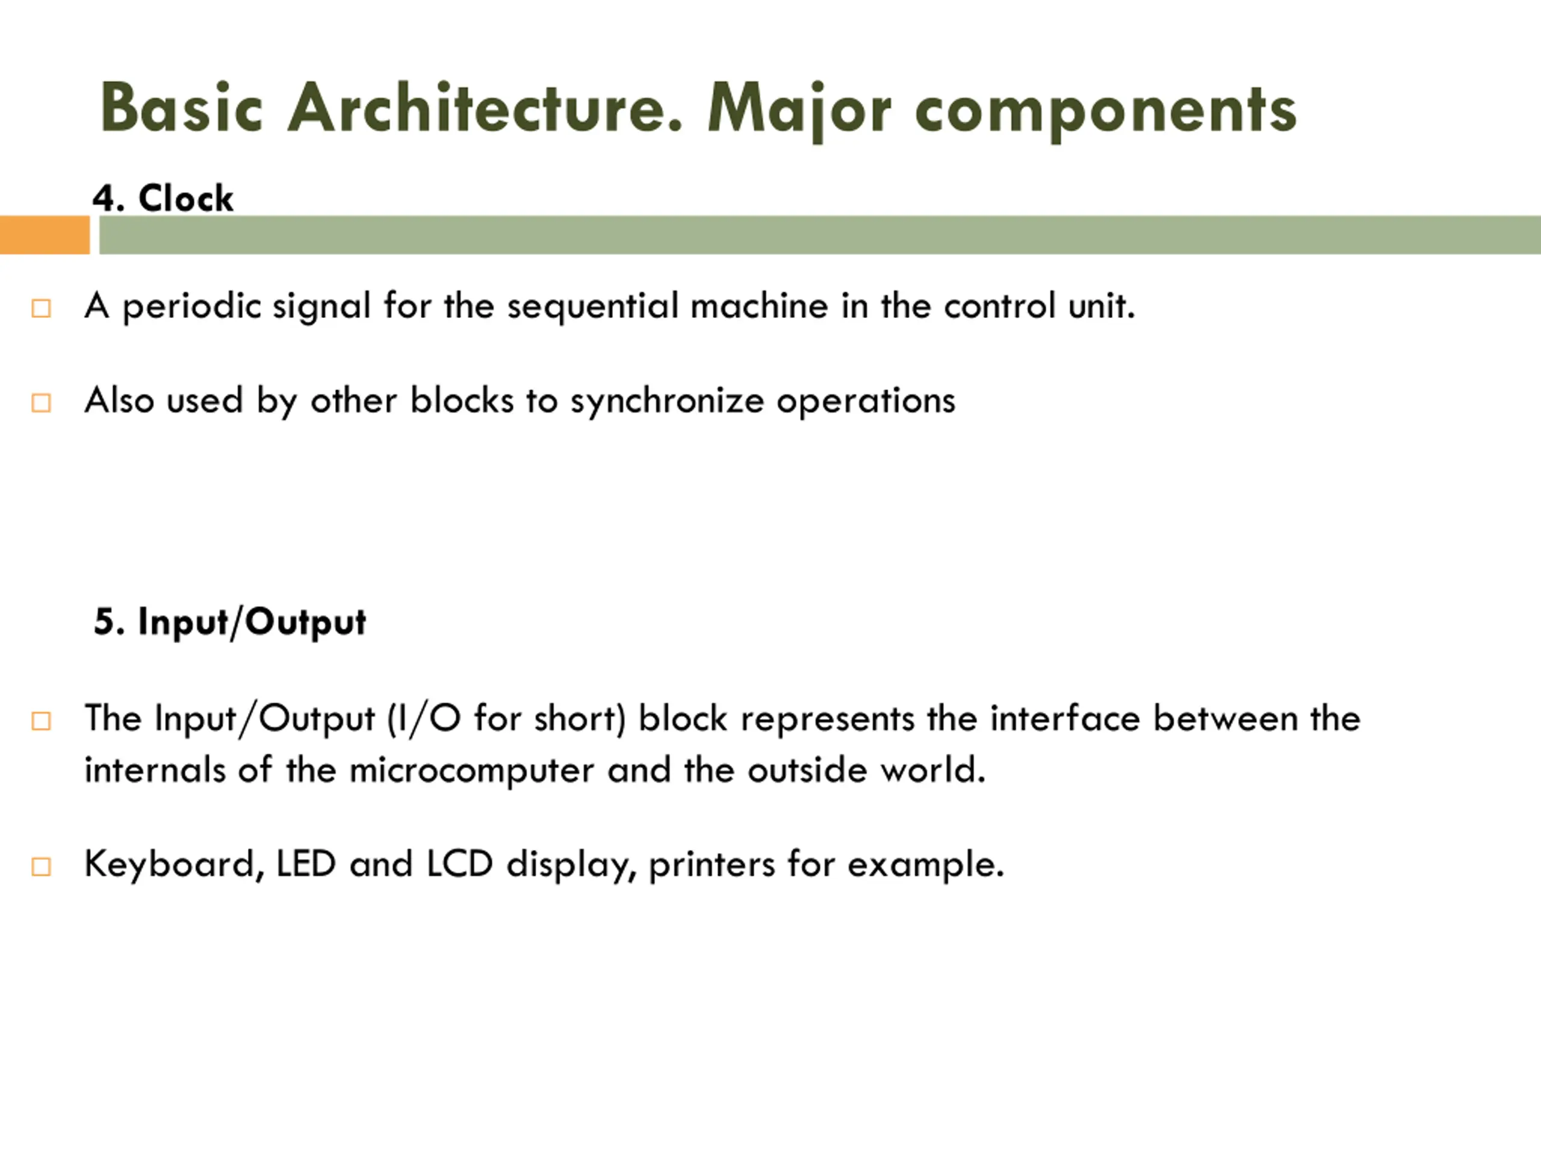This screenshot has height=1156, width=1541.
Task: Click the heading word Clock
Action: pyautogui.click(x=185, y=199)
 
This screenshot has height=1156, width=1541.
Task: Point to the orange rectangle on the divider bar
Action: pyautogui.click(x=45, y=235)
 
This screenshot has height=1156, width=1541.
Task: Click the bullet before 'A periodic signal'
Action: pyautogui.click(x=41, y=308)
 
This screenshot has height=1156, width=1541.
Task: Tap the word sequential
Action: pyautogui.click(x=592, y=306)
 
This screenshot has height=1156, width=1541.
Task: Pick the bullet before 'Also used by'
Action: pyautogui.click(x=41, y=403)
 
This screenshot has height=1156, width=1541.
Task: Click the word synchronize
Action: pyautogui.click(x=667, y=402)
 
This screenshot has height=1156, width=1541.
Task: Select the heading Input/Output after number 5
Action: pyautogui.click(x=252, y=622)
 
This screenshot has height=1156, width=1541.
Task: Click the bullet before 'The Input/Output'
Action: pyautogui.click(x=41, y=721)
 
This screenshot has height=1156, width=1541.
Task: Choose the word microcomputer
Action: pyautogui.click(x=471, y=771)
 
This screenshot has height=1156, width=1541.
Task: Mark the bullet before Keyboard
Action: pyautogui.click(x=41, y=866)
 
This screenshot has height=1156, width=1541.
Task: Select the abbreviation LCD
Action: pyautogui.click(x=459, y=864)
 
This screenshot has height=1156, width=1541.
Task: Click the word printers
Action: pyautogui.click(x=712, y=865)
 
